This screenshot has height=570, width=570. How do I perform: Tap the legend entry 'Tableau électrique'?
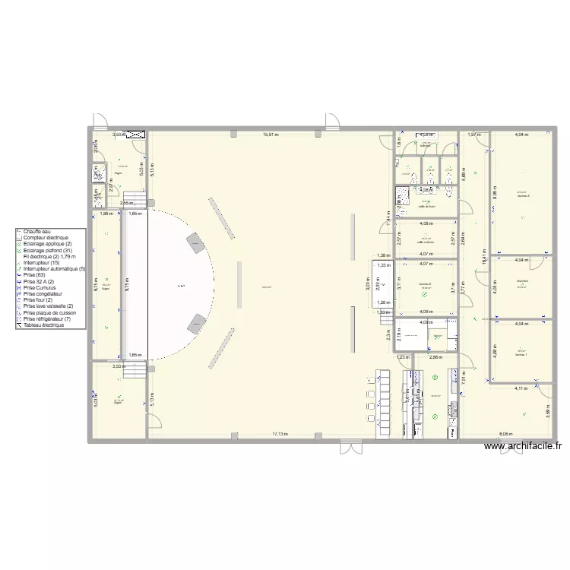[43, 325]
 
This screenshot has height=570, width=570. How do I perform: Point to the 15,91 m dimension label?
[271, 135]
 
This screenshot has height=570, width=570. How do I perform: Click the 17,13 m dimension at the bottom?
[283, 434]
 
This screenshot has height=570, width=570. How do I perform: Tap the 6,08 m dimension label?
[505, 434]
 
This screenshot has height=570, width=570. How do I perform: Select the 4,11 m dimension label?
[520, 388]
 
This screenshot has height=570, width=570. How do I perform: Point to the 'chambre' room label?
[521, 281]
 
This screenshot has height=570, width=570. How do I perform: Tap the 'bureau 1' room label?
[521, 354]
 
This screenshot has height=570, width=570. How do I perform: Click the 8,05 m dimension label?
[495, 193]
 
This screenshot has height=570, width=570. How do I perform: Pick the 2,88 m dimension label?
[435, 356]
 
